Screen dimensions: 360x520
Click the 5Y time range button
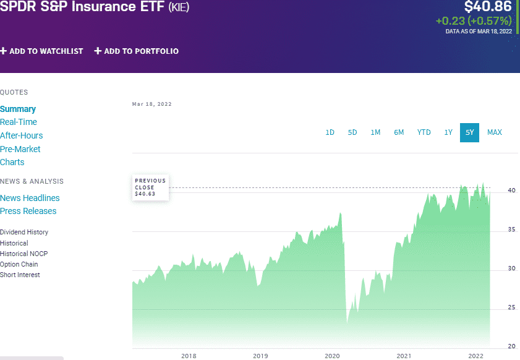[469, 132]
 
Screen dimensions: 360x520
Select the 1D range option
[330, 132]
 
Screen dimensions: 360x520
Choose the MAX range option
[494, 132]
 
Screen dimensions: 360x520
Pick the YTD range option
[424, 132]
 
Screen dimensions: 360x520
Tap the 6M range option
[399, 132]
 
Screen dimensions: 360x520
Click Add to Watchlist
[41, 51]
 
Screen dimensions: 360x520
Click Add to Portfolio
[137, 51]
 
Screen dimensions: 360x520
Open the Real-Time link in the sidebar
[19, 122]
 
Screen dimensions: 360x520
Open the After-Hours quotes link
[22, 135]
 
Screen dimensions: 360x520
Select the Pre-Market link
[20, 149]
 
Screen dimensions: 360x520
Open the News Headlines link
[30, 198]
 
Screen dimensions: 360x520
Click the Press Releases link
[28, 211]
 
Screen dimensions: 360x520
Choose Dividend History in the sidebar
[24, 232]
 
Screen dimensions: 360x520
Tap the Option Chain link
[19, 264]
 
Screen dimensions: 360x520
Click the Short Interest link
[20, 275]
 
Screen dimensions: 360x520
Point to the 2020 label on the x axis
[333, 356]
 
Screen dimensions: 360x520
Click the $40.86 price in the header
[488, 7]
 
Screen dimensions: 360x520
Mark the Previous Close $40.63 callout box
[150, 187]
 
